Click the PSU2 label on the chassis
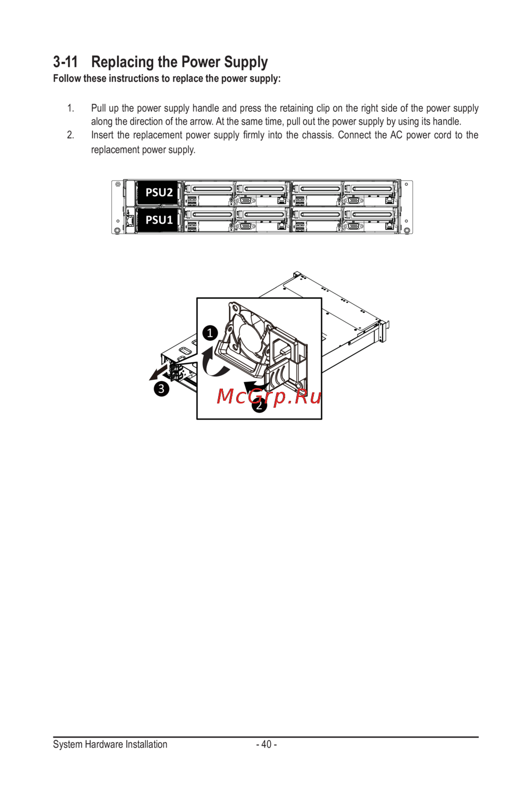pos(159,193)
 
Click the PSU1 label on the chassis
pos(159,220)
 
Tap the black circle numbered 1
pos(210,333)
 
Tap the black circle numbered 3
pos(161,389)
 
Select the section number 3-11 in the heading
pos(65,62)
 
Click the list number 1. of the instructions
pos(71,108)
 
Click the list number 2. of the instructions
pos(71,135)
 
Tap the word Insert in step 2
pos(102,135)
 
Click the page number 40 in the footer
pos(267,744)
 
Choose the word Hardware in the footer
pos(100,744)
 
